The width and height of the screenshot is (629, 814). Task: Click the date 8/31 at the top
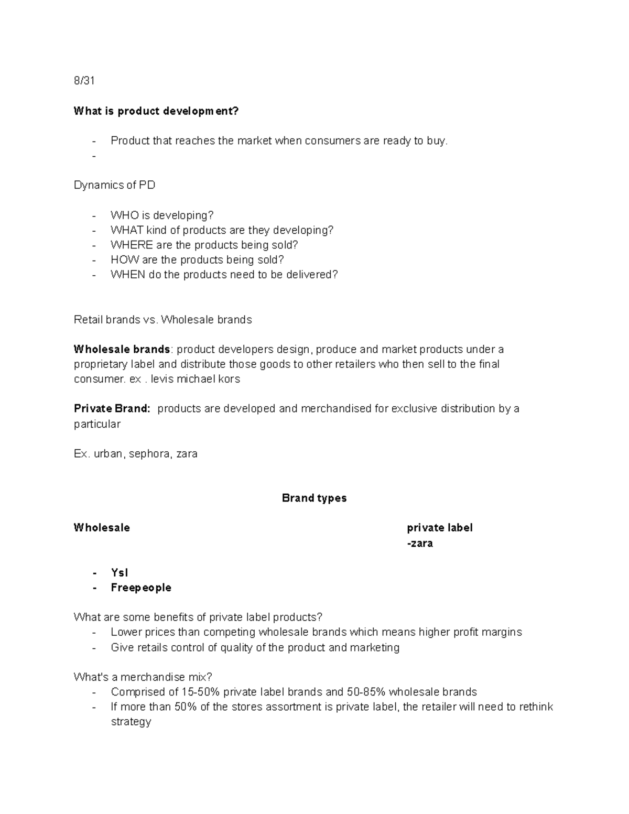pos(84,81)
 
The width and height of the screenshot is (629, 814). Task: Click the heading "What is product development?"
pos(156,111)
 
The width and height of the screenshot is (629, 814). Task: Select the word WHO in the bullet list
pos(124,215)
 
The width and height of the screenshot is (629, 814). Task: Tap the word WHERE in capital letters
pos(132,245)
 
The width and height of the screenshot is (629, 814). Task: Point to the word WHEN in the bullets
pos(128,275)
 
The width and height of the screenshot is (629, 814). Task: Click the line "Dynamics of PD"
pos(114,185)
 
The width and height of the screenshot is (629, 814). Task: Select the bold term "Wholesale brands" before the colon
pos(122,350)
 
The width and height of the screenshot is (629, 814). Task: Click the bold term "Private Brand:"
pos(112,409)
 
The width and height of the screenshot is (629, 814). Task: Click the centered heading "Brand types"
pos(314,498)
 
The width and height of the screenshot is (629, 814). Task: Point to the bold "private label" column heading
pos(440,528)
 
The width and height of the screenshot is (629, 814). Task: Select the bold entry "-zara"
pos(420,543)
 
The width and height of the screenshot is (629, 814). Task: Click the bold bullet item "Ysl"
pos(120,573)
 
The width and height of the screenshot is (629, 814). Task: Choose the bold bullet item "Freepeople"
pos(141,588)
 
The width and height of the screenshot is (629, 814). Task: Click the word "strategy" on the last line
pos(131,722)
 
